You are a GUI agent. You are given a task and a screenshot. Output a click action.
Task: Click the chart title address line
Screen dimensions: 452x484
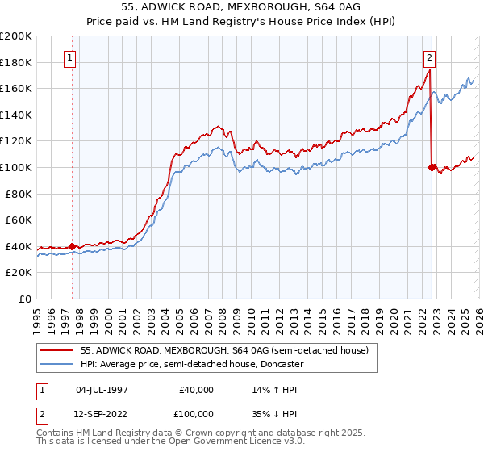242,7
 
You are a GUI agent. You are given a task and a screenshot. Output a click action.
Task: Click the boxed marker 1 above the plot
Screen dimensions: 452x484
71,57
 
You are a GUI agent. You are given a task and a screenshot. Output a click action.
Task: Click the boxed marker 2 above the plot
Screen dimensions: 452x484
430,57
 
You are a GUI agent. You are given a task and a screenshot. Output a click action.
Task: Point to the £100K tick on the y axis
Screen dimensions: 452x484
18,167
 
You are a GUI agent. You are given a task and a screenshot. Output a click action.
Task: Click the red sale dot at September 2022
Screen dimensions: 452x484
432,167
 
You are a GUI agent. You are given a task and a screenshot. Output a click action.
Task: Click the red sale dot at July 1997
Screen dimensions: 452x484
73,246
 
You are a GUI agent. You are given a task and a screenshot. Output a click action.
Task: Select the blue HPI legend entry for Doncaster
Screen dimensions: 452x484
191,364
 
